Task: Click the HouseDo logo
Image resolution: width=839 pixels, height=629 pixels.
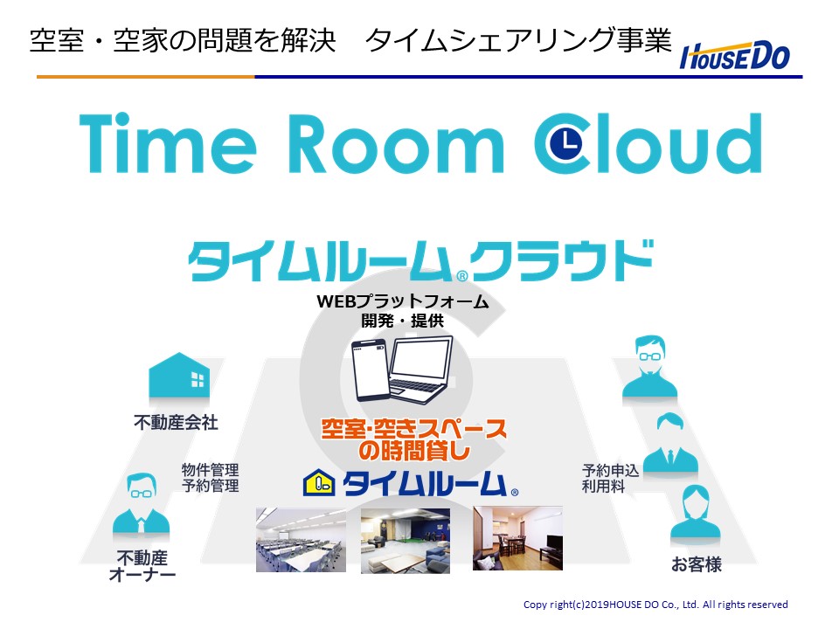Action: pos(735,56)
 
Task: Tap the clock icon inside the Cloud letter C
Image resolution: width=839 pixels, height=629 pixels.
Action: pos(567,143)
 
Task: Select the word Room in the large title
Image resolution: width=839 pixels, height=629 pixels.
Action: pos(396,144)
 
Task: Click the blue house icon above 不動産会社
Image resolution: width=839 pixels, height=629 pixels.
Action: pos(178,375)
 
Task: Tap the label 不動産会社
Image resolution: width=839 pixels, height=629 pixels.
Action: pos(176,423)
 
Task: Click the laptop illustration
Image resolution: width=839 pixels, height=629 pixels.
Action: pos(420,370)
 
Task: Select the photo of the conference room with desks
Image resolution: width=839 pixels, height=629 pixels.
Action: pos(301,540)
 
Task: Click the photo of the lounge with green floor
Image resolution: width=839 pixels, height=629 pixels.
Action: pos(405,540)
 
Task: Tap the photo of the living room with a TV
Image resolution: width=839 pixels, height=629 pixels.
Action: pos(517,538)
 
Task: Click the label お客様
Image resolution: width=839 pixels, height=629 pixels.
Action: pos(697,564)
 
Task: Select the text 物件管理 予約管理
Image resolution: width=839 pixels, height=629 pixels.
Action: pos(211,478)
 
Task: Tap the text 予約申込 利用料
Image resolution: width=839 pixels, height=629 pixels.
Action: pos(611,478)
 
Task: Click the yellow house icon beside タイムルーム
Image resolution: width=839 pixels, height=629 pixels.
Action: pos(319,482)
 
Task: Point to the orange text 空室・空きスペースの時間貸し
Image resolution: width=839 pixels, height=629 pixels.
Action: pos(413,439)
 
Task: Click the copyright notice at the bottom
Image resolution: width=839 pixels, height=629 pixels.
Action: pos(655,605)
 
